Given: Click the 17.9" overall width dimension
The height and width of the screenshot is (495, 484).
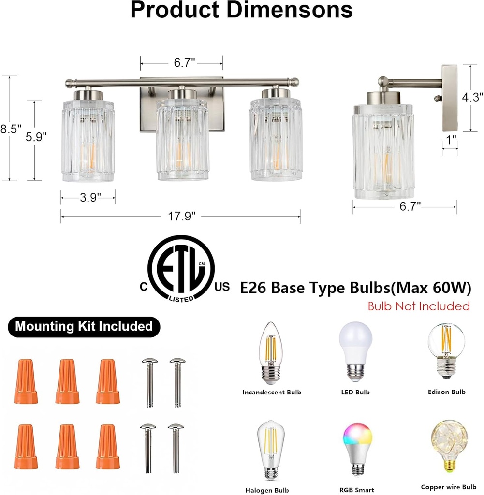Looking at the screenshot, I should pos(181,216).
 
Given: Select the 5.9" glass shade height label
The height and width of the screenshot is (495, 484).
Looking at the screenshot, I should pos(36,137).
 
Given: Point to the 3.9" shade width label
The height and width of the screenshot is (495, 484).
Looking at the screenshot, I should pos(88,197).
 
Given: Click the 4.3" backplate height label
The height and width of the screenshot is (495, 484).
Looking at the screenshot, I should pos(472,97).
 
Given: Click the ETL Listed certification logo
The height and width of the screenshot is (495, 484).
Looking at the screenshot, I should pos(181,269).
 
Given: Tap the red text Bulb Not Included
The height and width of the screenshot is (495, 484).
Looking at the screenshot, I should pos(418,306).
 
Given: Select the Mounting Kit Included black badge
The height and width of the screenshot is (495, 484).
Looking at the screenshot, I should pos(84,326).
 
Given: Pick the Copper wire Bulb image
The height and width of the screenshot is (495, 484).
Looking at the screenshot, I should pos(448,448).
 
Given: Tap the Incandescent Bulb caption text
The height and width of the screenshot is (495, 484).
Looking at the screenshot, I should pos(272,392).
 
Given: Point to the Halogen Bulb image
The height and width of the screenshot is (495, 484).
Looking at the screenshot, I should pos(272,450).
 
